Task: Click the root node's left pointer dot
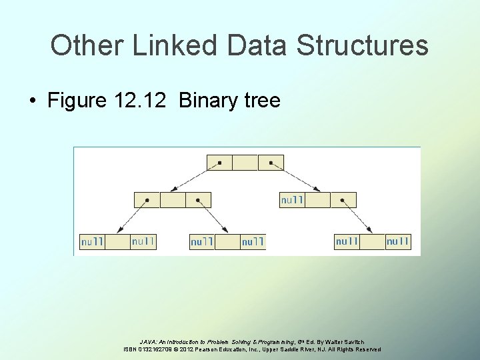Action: (x=220, y=162)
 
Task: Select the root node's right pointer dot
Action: (x=271, y=162)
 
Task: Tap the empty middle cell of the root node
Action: (x=245, y=162)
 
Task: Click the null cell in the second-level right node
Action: (x=292, y=199)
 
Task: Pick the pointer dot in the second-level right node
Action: (x=343, y=199)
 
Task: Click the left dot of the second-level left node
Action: (x=147, y=199)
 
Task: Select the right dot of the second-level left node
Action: (x=198, y=199)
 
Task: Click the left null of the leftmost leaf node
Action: (x=92, y=241)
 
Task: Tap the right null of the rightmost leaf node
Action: (x=398, y=241)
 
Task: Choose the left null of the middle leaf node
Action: (x=202, y=241)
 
